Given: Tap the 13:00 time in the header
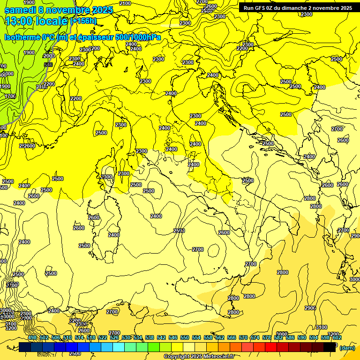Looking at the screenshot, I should pyautogui.click(x=18, y=21).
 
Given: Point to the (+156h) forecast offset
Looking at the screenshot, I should pyautogui.click(x=83, y=21).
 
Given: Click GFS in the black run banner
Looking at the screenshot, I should pyautogui.click(x=261, y=8).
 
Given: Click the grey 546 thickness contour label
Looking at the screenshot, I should pyautogui.click(x=48, y=65).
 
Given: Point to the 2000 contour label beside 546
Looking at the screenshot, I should pyautogui.click(x=49, y=56).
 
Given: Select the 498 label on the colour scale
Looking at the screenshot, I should pyautogui.click(x=32, y=337).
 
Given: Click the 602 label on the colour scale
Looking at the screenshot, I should pyautogui.click(x=337, y=337).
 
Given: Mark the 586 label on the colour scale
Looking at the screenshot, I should pyautogui.click(x=290, y=337).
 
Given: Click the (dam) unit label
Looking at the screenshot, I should pyautogui.click(x=347, y=347).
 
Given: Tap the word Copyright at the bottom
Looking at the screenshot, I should pyautogui.click(x=177, y=357).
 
